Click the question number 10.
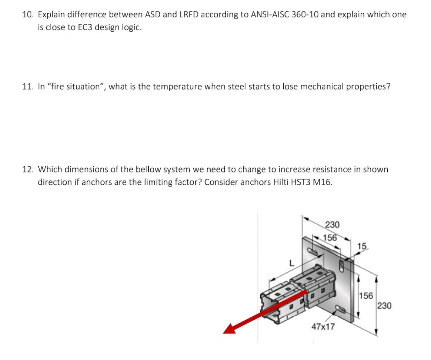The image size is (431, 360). click(x=28, y=15)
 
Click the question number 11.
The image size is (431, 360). click(x=28, y=87)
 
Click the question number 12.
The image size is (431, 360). click(x=28, y=170)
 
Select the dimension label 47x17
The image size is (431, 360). click(x=323, y=327)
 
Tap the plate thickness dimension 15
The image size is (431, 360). click(x=362, y=246)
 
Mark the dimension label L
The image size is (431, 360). click(x=291, y=264)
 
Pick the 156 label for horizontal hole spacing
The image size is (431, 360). click(x=330, y=238)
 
